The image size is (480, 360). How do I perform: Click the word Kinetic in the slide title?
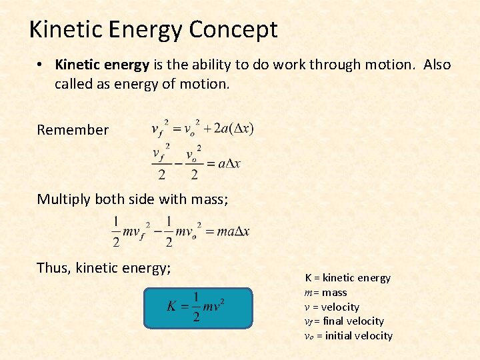[65, 29]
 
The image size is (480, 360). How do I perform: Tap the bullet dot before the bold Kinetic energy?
[41, 65]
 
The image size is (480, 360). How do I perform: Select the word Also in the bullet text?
[437, 65]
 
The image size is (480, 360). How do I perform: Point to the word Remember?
[73, 130]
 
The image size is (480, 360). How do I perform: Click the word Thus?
[53, 268]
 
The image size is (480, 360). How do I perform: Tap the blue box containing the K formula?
[199, 308]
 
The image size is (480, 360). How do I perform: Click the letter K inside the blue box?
[171, 307]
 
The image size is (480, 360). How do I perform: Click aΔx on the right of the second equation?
[229, 163]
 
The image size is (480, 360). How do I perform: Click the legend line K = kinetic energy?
[347, 277]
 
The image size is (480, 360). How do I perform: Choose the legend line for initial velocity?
[348, 335]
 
